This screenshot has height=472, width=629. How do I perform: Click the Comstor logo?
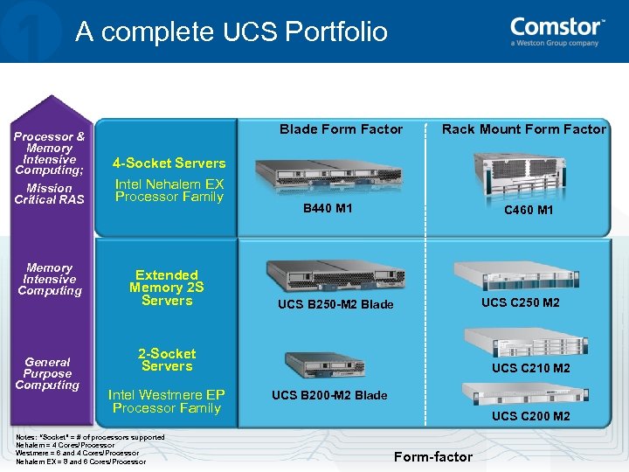[x=557, y=31]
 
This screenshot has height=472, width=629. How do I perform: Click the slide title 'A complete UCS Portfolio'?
[x=232, y=32]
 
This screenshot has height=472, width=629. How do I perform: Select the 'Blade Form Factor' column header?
[x=341, y=129]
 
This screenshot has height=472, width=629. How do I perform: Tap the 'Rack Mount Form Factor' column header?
[x=523, y=129]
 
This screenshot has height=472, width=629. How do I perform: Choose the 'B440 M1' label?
[x=328, y=209]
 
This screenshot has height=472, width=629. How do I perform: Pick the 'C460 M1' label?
[x=529, y=211]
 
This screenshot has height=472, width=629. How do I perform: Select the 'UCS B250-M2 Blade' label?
[x=335, y=304]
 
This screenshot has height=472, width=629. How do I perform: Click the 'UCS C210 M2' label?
[x=530, y=368]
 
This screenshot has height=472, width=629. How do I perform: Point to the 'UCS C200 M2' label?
[x=530, y=416]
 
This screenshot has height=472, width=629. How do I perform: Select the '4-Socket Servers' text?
[x=169, y=163]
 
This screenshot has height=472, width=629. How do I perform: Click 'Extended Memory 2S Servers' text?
[x=166, y=288]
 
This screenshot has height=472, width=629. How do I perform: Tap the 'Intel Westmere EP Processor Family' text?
[x=166, y=401]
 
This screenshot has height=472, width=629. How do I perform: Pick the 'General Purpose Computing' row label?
[x=47, y=373]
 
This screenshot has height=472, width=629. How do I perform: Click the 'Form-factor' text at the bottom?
[x=432, y=456]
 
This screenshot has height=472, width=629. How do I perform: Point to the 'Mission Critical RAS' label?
[x=49, y=193]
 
